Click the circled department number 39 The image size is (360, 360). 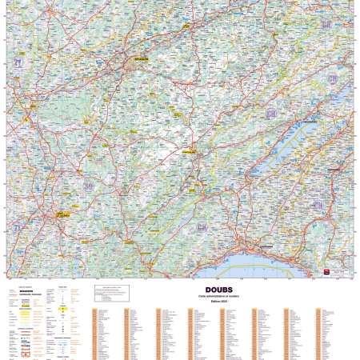[x=89, y=186]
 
